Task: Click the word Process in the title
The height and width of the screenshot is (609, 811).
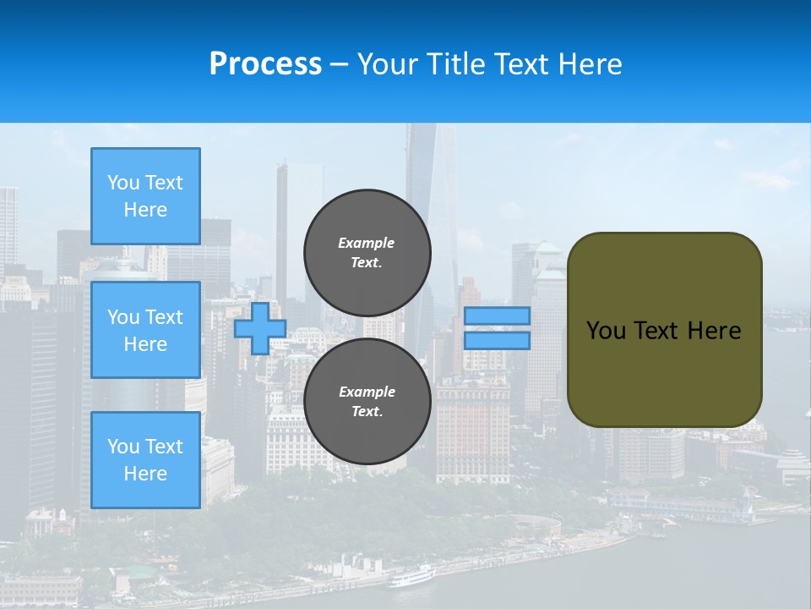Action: (265, 64)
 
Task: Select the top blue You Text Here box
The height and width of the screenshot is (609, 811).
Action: (145, 196)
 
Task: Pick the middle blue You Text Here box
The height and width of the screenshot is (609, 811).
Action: (145, 330)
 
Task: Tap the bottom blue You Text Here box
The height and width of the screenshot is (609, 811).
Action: (145, 460)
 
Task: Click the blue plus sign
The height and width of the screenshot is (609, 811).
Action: (259, 329)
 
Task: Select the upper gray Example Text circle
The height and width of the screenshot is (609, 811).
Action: (367, 252)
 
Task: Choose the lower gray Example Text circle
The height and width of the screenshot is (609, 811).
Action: (367, 402)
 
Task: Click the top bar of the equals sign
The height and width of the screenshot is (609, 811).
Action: (497, 316)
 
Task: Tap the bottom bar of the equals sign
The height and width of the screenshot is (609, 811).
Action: (497, 340)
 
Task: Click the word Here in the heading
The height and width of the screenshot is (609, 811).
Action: (589, 64)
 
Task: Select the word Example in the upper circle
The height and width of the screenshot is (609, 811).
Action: (366, 243)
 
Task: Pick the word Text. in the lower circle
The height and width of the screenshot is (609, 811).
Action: (367, 412)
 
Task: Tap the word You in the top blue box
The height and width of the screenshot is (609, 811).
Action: (122, 183)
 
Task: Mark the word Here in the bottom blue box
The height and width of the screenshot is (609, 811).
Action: (145, 474)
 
